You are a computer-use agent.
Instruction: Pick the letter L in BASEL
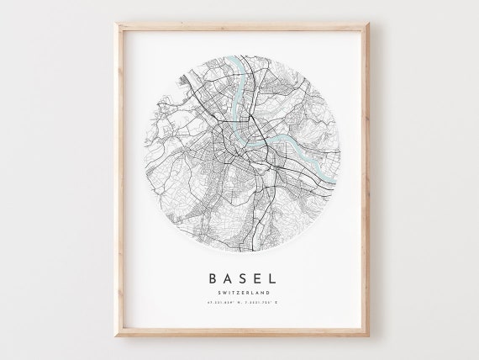pyautogui.click(x=276, y=277)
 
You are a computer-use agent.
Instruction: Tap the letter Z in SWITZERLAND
pyautogui.click(x=234, y=292)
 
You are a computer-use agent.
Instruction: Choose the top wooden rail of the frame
pyautogui.click(x=239, y=25)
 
